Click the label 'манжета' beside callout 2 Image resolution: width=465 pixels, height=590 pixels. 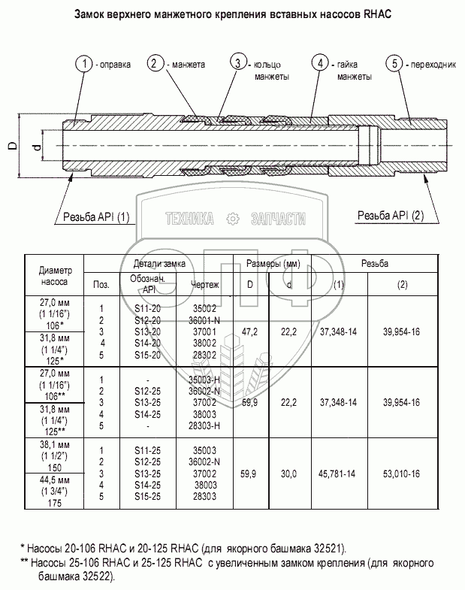coord(188,64)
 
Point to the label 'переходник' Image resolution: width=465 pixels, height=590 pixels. coord(433,64)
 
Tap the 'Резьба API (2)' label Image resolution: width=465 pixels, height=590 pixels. coord(390,216)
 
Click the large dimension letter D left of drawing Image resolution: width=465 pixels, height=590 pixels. coord(13,147)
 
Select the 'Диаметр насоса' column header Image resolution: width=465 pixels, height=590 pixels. coord(54,277)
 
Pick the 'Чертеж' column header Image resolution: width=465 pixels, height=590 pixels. coord(205,285)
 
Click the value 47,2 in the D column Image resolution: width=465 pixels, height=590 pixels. coord(249,331)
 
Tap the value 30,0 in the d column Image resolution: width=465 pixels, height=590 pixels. coord(289,474)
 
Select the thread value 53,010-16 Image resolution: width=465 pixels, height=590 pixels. coord(402,474)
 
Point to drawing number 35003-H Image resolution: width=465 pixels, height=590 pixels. coord(205,380)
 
